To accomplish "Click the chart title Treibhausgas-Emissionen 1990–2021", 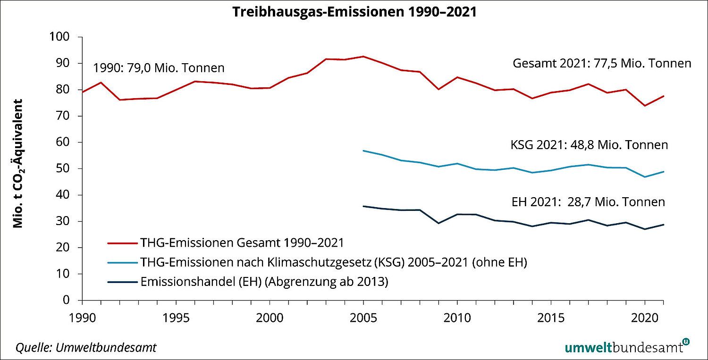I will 354,12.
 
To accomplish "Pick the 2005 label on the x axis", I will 363,317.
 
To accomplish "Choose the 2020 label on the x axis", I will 644,317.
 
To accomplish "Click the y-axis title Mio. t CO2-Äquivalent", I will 19,164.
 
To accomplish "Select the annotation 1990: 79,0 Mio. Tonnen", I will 158,68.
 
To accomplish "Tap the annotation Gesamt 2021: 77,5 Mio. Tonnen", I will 601,63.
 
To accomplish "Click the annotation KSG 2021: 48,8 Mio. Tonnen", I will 589,145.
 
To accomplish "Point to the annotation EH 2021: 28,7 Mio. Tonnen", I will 588,202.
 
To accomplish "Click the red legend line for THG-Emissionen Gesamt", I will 122,243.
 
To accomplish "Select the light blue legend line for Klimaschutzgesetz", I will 122,263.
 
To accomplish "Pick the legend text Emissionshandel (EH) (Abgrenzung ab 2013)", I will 264,282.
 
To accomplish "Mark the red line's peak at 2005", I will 363,56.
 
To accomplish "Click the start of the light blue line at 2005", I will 363,151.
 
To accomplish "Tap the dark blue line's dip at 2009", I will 438,223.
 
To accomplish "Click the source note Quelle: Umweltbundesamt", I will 86,348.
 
